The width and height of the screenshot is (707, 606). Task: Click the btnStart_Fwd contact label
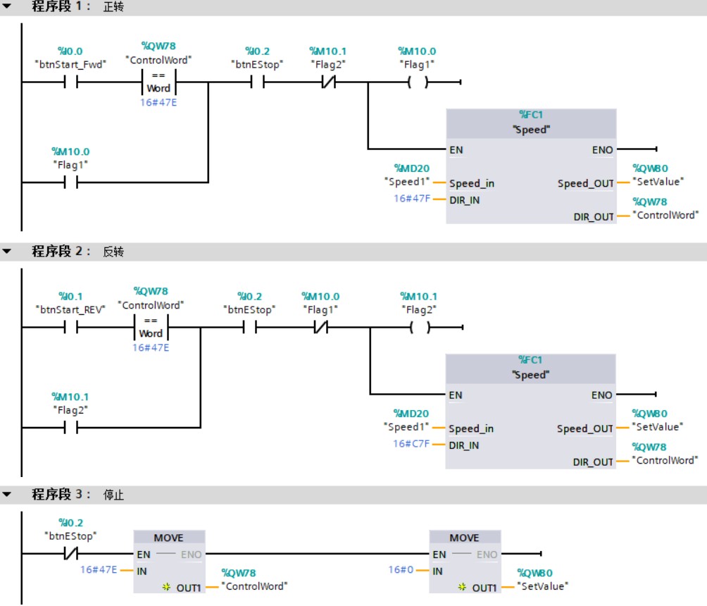(70, 64)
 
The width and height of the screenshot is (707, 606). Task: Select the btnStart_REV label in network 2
(70, 309)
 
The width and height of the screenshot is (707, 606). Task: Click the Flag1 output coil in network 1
(418, 82)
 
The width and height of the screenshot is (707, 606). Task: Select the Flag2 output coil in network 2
(419, 328)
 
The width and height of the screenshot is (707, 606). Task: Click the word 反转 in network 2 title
(113, 252)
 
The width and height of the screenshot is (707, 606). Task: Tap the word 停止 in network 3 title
(113, 495)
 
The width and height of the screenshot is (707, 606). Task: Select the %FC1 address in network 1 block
(531, 116)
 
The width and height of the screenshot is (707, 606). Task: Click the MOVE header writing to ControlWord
(169, 538)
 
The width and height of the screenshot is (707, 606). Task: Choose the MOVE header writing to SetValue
(465, 538)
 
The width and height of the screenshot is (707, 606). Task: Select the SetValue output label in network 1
(658, 182)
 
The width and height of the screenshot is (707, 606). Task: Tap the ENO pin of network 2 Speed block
(602, 395)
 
